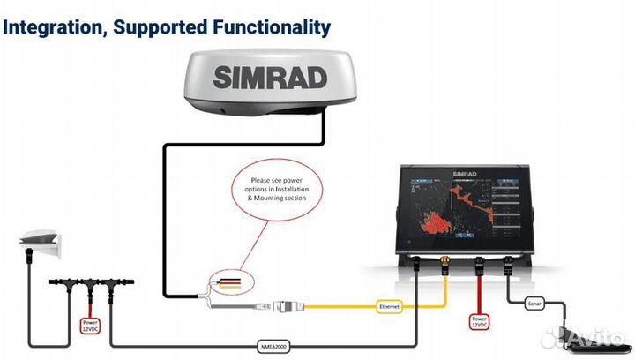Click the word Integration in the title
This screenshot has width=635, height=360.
click(54, 27)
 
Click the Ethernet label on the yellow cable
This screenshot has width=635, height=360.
click(389, 306)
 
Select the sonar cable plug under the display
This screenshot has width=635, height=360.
click(510, 263)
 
